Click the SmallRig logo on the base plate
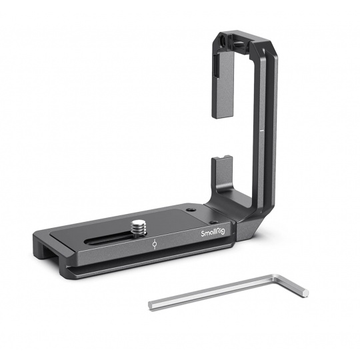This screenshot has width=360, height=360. (213, 233)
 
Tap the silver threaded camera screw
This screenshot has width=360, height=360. (139, 228)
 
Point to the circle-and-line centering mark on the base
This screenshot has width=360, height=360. (155, 244)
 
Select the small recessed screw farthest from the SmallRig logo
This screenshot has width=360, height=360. (191, 210)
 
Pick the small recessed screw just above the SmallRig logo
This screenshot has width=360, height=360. (214, 222)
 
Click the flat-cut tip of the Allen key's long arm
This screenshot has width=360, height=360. (151, 305)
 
